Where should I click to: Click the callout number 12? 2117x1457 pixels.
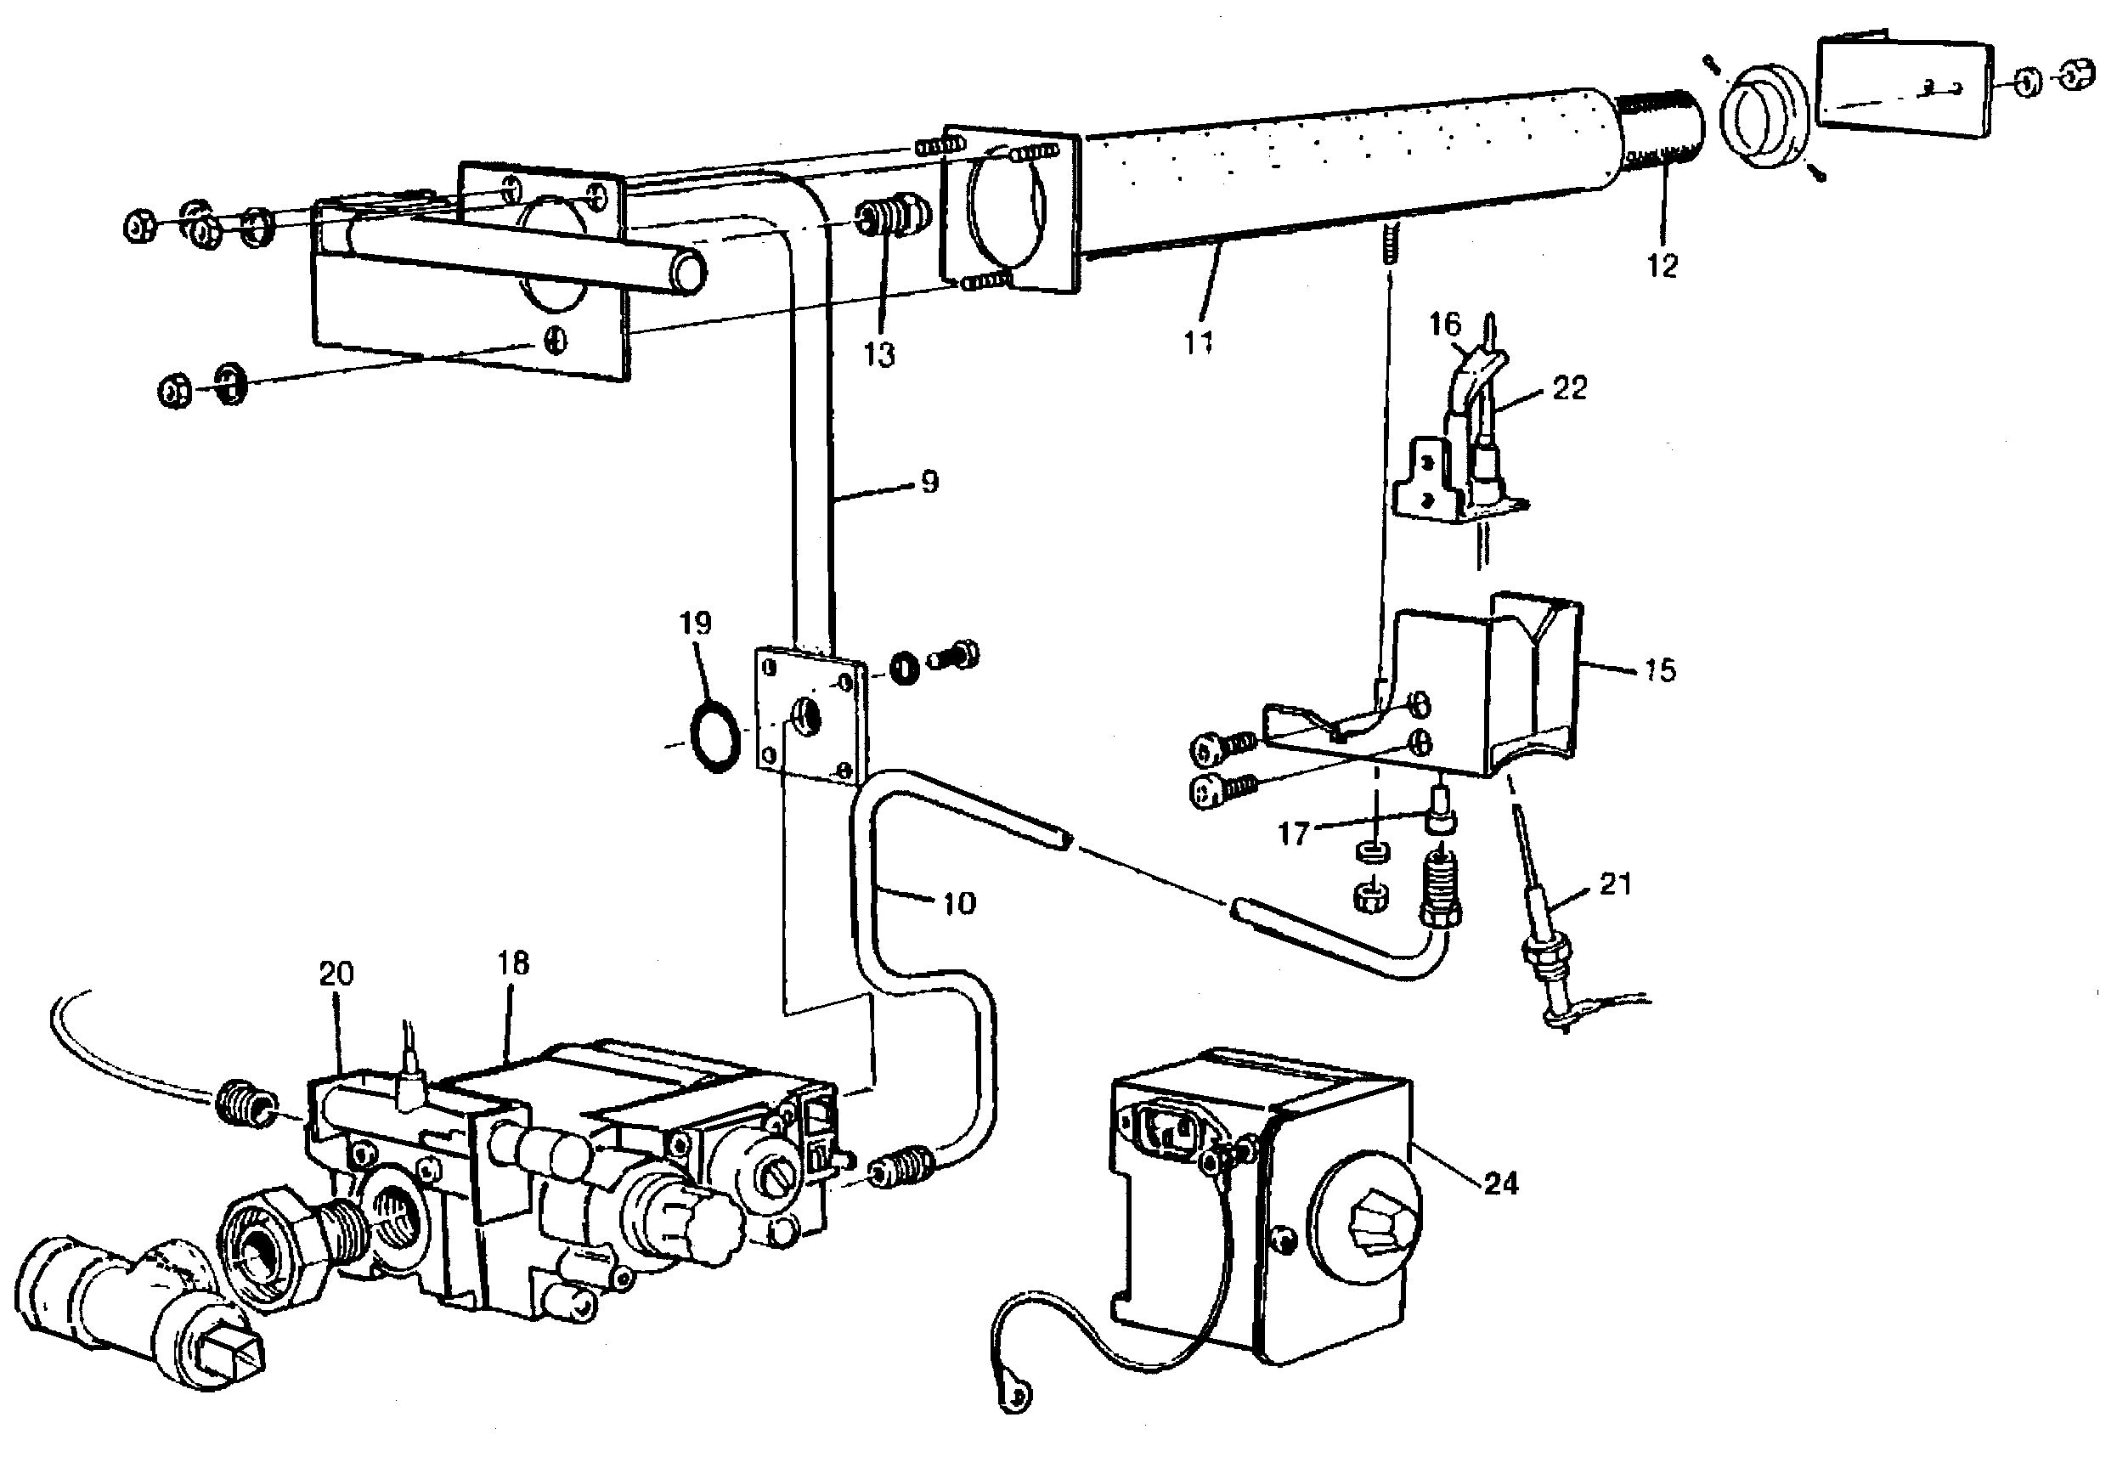(1663, 266)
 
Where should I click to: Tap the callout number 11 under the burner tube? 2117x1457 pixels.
(1199, 342)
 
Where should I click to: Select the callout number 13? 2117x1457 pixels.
(880, 355)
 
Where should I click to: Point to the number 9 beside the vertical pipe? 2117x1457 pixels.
(929, 481)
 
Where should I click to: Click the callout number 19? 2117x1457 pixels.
(696, 624)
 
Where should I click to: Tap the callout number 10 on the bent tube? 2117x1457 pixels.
(958, 903)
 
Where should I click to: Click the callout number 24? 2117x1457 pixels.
(1501, 1184)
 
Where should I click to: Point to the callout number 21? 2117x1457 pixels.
(1615, 884)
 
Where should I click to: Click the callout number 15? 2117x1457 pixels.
(1661, 670)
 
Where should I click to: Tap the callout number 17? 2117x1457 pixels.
(1294, 833)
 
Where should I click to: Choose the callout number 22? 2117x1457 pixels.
(1570, 388)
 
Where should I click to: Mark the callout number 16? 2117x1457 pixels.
(1444, 324)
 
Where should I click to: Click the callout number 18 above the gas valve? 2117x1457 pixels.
(514, 963)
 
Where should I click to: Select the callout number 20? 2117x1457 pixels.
(336, 974)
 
